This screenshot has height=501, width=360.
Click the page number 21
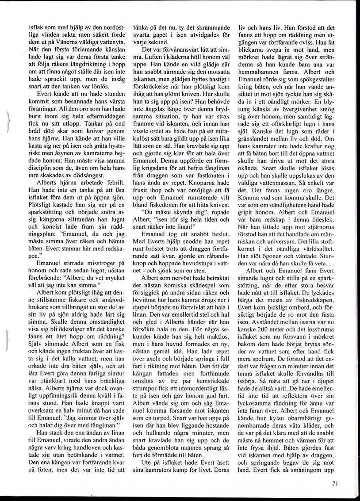(x=334, y=483)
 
